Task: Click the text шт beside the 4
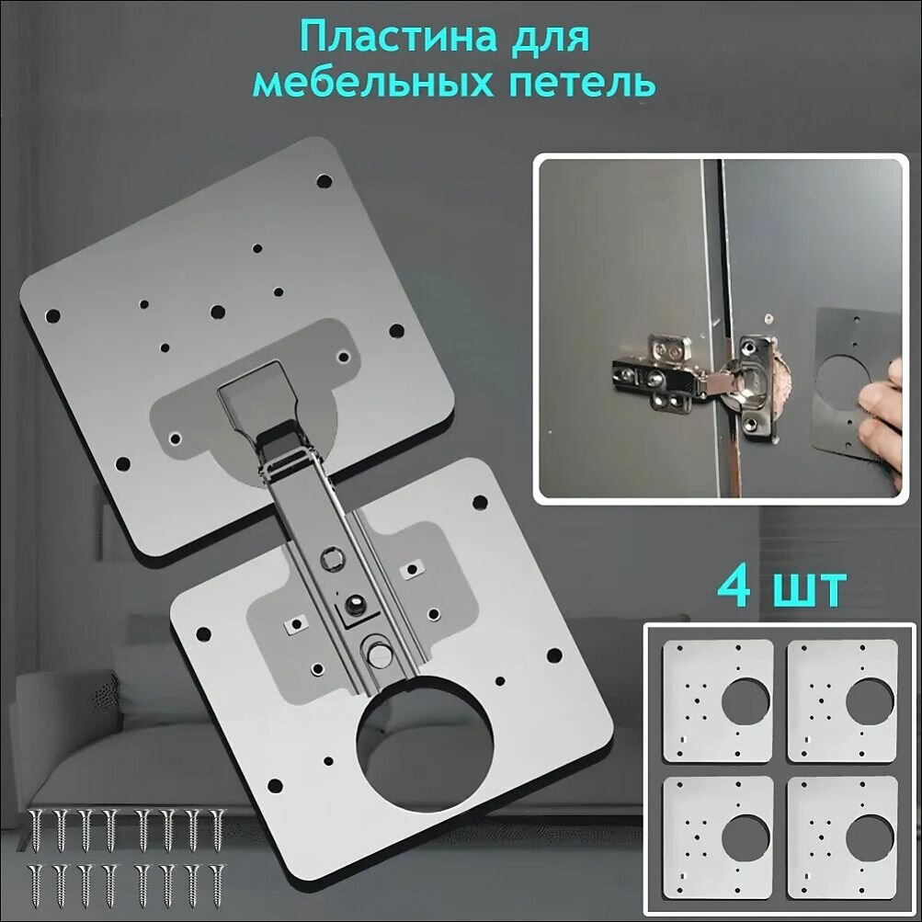(x=810, y=590)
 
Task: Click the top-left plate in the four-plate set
(x=717, y=700)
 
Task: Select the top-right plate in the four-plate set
(x=842, y=700)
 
